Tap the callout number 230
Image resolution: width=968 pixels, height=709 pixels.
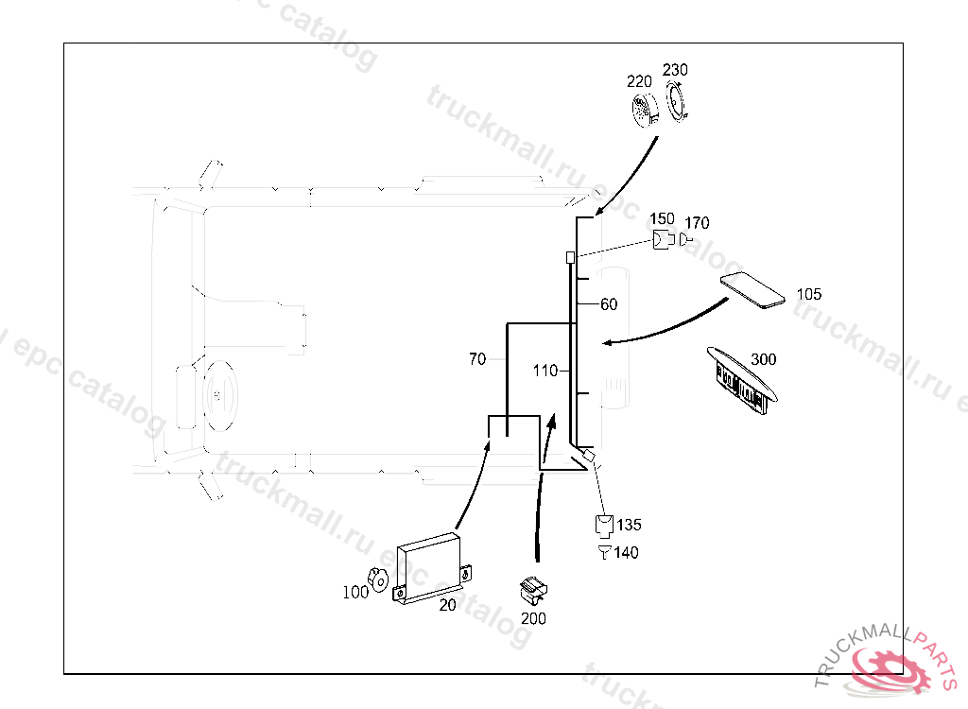click(x=675, y=70)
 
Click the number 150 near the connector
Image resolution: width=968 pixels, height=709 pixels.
click(x=662, y=219)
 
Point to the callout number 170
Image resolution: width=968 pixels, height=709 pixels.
click(x=697, y=223)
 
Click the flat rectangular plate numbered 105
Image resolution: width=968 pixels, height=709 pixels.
click(x=752, y=289)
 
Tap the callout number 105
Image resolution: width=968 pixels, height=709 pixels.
click(x=809, y=295)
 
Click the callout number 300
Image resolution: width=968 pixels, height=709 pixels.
click(x=763, y=360)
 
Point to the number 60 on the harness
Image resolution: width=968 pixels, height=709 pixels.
click(x=609, y=304)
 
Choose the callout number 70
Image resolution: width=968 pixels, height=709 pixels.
click(x=477, y=359)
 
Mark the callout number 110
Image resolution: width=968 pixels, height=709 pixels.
click(x=545, y=372)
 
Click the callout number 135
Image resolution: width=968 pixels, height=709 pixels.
click(x=629, y=525)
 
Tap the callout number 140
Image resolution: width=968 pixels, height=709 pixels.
click(x=626, y=553)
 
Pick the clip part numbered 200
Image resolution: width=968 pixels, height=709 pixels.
click(x=533, y=590)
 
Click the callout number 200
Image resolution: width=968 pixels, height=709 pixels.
click(x=533, y=619)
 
